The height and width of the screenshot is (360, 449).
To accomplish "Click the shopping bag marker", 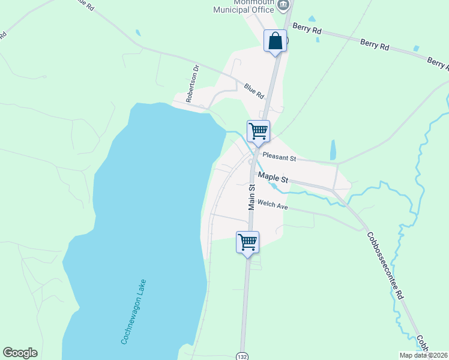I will tap(275, 41).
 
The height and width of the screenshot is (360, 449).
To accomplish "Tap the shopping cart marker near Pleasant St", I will tap(258, 131).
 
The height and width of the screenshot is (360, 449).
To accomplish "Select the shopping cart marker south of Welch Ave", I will tap(247, 242).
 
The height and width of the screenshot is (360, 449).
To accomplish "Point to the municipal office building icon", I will tap(283, 4).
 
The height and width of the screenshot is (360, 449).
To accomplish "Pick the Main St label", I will tap(252, 197).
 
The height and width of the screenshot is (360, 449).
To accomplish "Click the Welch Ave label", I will tap(273, 206).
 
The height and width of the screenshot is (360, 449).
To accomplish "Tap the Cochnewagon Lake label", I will tap(134, 311).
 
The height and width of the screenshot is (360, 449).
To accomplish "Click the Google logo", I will tap(20, 353).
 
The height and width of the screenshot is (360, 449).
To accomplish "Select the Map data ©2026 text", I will tap(423, 355).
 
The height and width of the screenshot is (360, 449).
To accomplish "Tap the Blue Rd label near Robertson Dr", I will tap(254, 91).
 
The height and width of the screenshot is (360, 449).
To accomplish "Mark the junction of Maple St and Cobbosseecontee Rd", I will tap(333, 190).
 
